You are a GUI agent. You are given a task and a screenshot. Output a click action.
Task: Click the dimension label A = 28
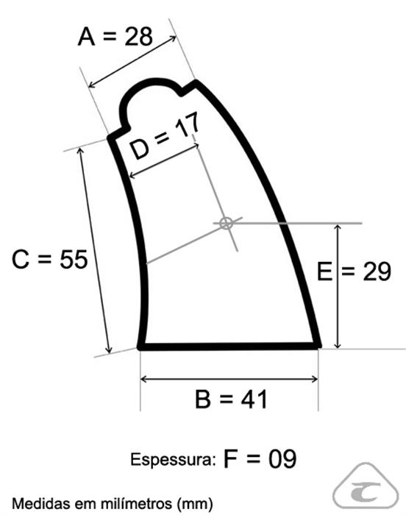coord(115,36)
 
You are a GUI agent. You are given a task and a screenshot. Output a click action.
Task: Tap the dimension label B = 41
coord(231,399)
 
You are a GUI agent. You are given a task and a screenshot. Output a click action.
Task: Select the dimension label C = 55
coord(49,259)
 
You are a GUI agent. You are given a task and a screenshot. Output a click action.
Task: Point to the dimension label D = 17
coord(164,135)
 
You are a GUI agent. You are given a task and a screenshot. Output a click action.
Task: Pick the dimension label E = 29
coord(354,271)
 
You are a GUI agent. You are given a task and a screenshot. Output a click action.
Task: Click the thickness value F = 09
coord(260,458)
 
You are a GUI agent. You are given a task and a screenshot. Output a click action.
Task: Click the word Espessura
coord(172,460)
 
